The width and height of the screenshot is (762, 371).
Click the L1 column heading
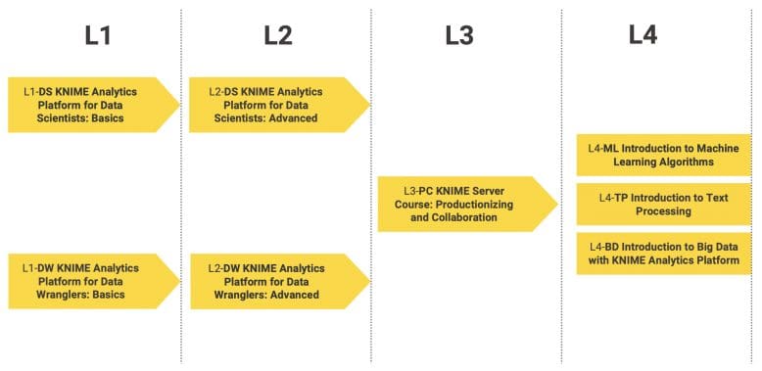click(98, 36)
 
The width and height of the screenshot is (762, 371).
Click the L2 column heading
click(278, 36)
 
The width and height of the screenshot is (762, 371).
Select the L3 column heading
click(459, 36)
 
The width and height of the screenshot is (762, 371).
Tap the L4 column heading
click(643, 36)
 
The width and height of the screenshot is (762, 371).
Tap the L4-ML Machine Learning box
click(664, 155)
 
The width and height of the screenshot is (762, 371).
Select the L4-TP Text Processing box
click(664, 204)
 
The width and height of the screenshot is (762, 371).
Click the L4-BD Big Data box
click(664, 253)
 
